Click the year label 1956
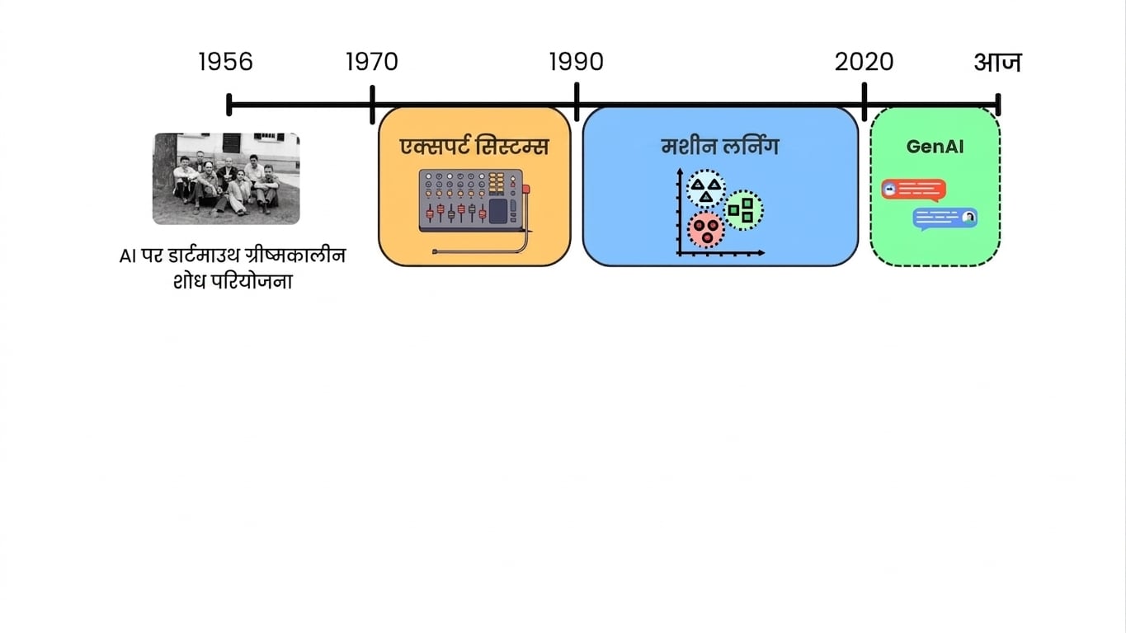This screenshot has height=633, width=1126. point(226,63)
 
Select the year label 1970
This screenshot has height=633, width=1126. point(372,63)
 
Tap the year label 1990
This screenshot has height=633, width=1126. point(576,63)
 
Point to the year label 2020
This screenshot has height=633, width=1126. point(865,63)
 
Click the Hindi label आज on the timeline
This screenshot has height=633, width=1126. point(998,63)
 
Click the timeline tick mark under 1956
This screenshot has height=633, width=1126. point(229,105)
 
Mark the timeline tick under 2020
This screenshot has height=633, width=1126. point(865,102)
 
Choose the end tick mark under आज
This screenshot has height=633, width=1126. point(998,105)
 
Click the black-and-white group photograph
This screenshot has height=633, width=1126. point(226,178)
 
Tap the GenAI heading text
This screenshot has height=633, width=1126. point(935,147)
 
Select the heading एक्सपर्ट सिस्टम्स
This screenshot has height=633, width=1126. point(474,146)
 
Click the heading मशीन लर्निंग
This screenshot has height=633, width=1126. point(720,146)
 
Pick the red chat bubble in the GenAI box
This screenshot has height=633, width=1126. point(914,190)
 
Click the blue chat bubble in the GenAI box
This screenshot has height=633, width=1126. point(945,219)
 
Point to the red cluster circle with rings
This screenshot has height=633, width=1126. point(706,230)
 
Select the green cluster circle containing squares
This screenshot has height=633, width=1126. point(743,210)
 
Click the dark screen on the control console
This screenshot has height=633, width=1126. point(498,211)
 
